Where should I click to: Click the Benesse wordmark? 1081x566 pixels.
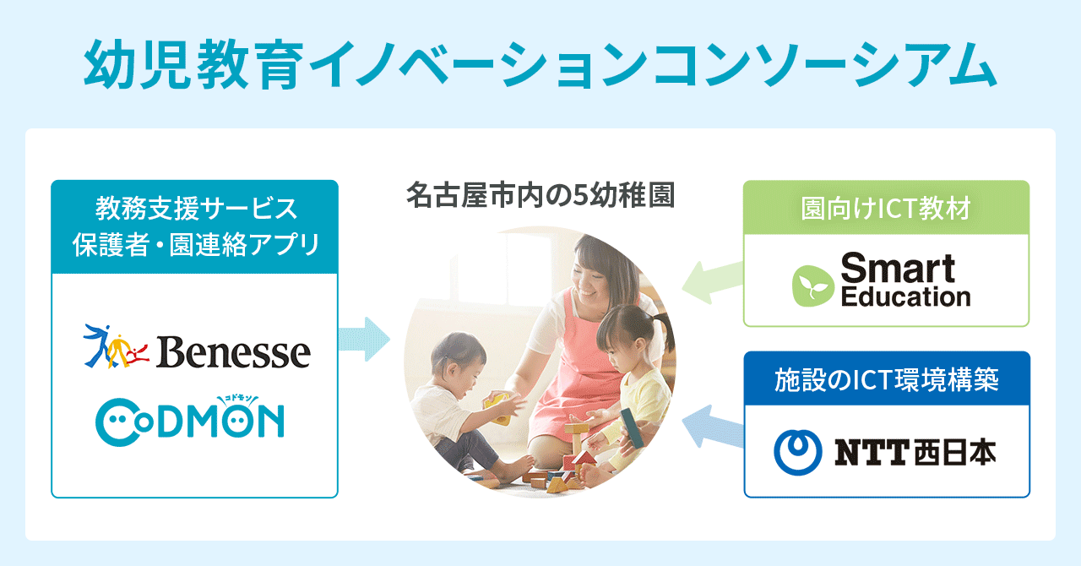[233, 352]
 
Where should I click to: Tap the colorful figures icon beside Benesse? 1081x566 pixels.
[116, 346]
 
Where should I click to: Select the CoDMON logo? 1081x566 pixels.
[190, 420]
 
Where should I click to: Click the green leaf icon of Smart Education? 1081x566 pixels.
[813, 286]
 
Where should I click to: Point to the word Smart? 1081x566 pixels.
[898, 268]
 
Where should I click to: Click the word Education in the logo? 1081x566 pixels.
[905, 297]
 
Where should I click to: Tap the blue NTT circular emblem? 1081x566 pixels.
[798, 452]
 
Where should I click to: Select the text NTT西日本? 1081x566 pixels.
[915, 453]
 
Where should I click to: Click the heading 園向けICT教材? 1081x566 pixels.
[886, 209]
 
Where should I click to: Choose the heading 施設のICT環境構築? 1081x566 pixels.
[887, 379]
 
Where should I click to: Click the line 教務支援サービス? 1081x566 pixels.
[196, 209]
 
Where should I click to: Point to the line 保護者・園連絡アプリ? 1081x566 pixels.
[196, 244]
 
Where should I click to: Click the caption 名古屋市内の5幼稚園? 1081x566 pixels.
[540, 194]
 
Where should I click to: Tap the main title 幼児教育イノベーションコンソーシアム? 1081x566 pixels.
[540, 65]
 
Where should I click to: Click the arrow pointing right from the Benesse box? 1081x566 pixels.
[364, 339]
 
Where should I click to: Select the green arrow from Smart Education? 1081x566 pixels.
[712, 282]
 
